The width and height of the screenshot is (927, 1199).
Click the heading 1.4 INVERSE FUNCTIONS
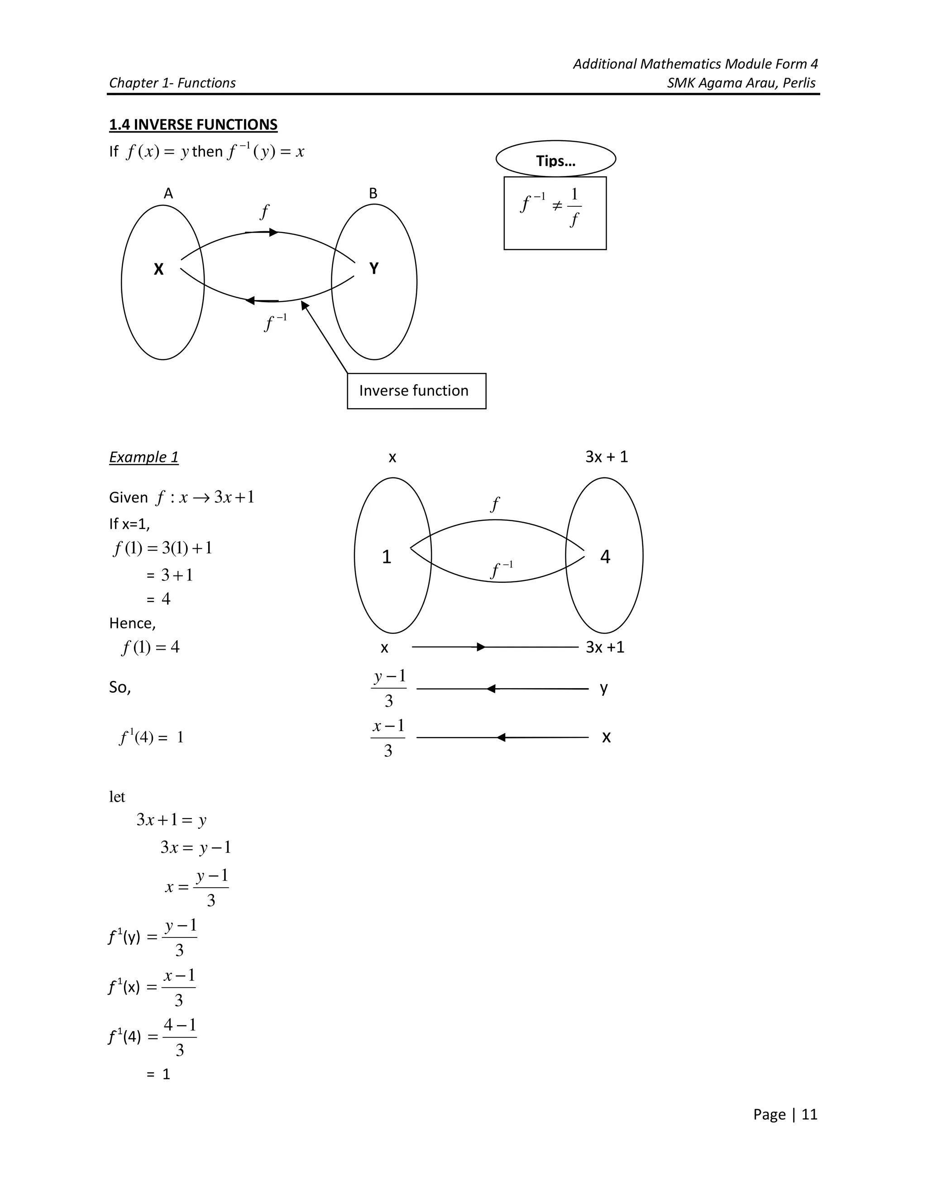coord(193,124)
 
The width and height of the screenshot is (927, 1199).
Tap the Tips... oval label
coord(555,160)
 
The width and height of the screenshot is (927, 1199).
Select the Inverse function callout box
coord(416,391)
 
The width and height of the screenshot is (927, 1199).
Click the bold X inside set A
coord(159,270)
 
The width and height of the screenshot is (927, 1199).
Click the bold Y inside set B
coord(373,268)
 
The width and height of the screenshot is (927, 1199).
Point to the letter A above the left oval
coord(168,193)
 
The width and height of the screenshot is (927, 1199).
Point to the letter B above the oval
coord(373,193)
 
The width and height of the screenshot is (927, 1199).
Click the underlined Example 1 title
coord(143,457)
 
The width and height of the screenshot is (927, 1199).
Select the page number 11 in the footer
coord(809,1114)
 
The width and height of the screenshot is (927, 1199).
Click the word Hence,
coord(132,623)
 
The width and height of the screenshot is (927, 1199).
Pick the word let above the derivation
coord(117,797)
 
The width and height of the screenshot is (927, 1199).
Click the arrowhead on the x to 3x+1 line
coord(481,647)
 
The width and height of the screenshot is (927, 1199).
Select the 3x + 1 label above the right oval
coord(606,457)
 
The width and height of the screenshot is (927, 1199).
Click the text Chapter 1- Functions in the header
coord(172,83)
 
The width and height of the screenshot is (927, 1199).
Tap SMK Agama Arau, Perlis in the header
coord(741,83)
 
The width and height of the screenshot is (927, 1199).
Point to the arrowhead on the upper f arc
coord(273,232)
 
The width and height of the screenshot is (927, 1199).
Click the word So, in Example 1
coord(119,687)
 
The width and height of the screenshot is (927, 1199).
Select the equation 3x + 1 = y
coord(172,820)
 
